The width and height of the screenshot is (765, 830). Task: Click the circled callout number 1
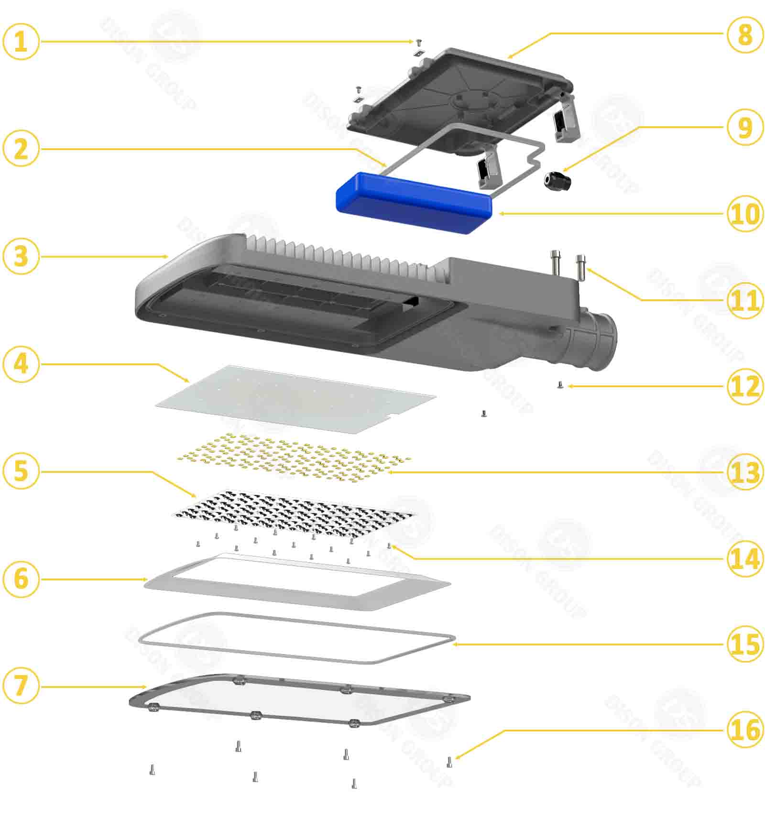coord(21,42)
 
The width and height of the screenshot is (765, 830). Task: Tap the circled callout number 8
coord(744,34)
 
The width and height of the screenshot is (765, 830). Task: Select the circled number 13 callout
coord(744,472)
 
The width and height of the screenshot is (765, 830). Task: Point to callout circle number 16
coord(744,730)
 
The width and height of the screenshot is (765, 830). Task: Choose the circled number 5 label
coord(21,471)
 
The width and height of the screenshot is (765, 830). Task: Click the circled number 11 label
coord(744,300)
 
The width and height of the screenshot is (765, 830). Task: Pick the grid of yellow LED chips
coord(292,457)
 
